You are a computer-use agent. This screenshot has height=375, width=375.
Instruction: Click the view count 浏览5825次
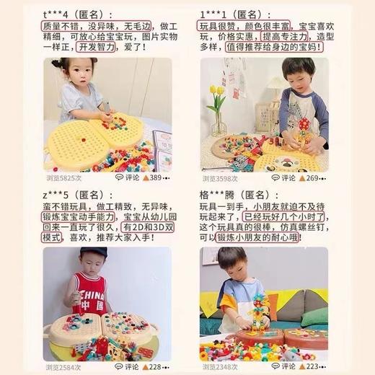[x=61, y=177]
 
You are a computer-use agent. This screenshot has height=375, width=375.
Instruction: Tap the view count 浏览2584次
[x=61, y=367]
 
